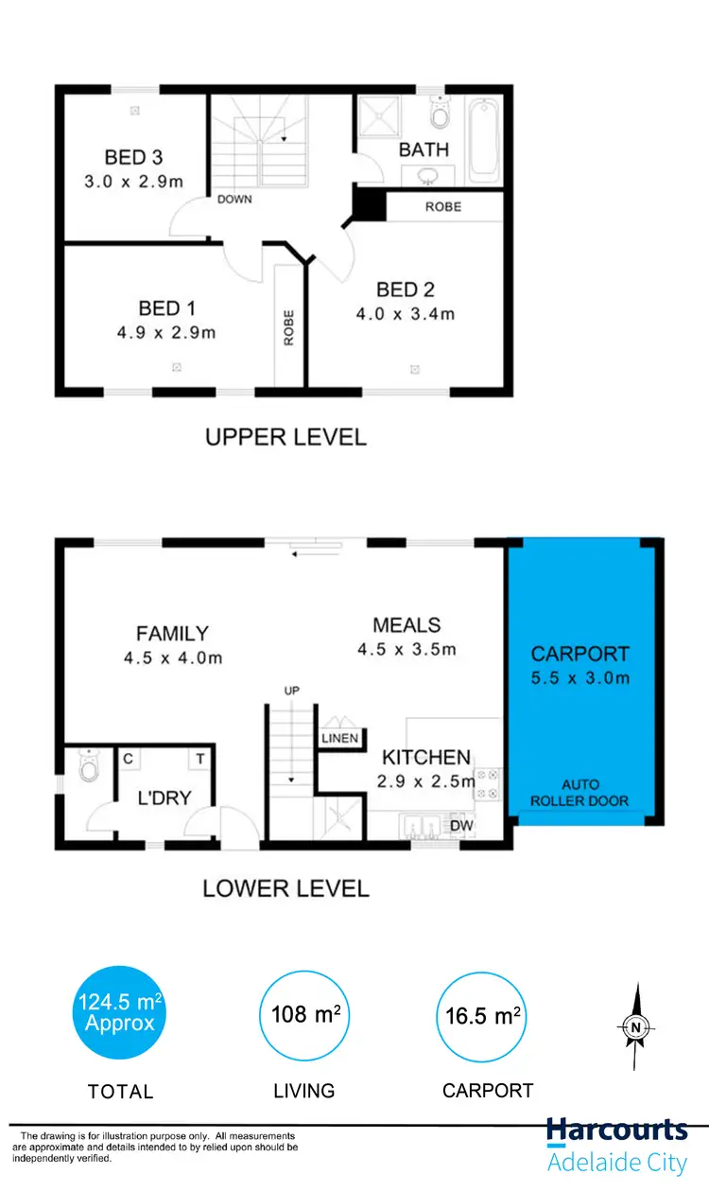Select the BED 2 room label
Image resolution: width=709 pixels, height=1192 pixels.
(406, 289)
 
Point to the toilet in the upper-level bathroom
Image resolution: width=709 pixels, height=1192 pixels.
(439, 115)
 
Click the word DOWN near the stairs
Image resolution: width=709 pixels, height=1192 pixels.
(234, 200)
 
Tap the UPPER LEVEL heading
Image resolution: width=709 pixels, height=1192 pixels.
(285, 437)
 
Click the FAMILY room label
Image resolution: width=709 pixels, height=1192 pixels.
(172, 634)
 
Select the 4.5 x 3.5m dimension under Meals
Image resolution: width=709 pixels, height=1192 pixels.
(406, 649)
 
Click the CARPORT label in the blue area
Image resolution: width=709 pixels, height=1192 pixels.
(579, 654)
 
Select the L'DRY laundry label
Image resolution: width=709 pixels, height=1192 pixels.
(165, 798)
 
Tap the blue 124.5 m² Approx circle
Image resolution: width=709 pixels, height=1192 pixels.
(120, 1013)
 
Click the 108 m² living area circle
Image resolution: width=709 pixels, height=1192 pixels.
(304, 1015)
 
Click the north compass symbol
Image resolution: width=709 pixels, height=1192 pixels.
(636, 1025)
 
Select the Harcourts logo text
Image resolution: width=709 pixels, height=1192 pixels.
(617, 1131)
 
